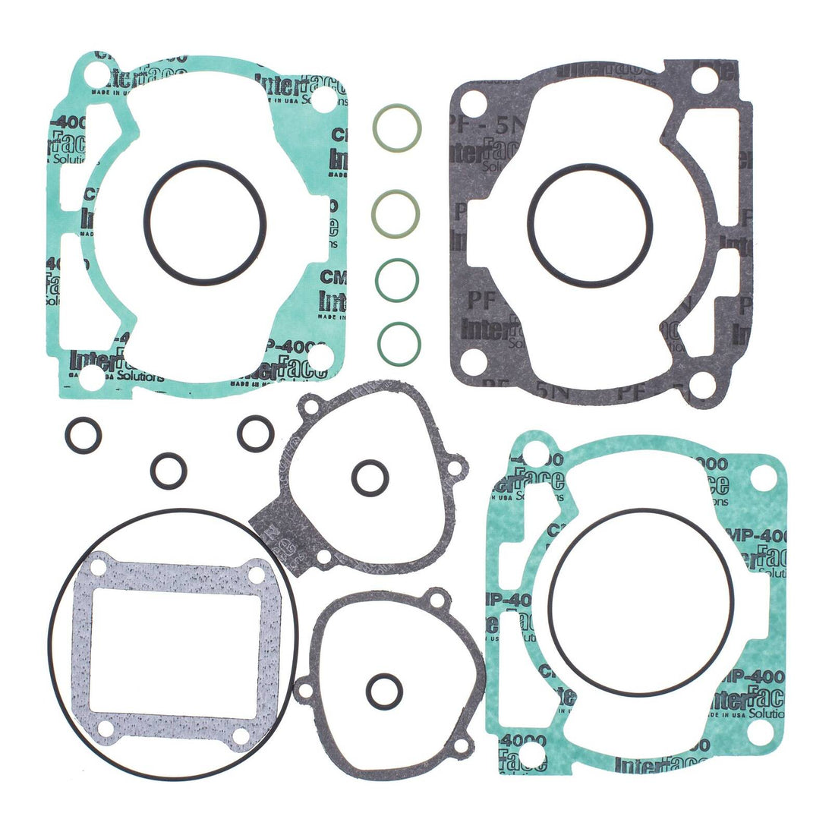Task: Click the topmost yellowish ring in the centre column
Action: pos(397,127)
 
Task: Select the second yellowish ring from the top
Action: pos(396,213)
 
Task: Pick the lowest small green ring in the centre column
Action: pos(399,343)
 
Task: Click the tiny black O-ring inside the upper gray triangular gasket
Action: pos(370,477)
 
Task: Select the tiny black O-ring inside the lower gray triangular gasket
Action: pos(384,691)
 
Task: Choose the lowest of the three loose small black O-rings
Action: pos(169,471)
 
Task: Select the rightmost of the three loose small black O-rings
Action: pos(255,433)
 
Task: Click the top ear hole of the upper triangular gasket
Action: pos(310,408)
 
